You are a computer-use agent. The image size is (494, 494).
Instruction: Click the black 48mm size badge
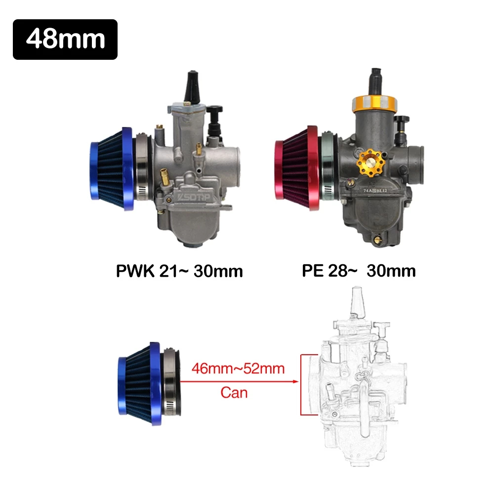pos(65,40)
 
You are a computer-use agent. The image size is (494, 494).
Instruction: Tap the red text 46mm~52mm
pos(238,369)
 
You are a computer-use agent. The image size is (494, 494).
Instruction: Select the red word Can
pos(234,393)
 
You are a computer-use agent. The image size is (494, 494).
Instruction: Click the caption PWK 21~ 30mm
pos(179,271)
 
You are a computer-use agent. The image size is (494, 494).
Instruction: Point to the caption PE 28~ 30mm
pos(359,271)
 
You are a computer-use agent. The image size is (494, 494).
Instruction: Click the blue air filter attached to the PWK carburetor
pos(112,169)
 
